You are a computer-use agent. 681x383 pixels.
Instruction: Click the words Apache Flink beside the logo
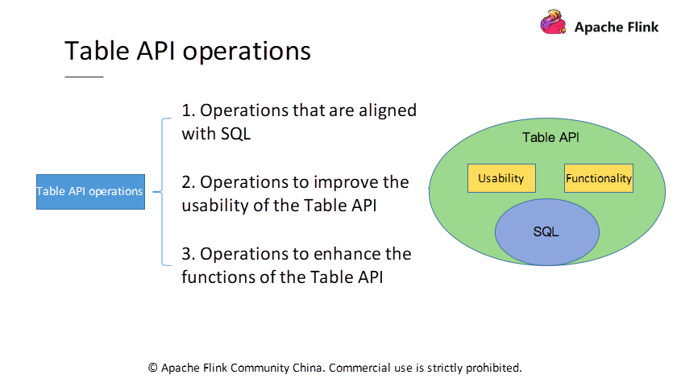[x=617, y=27]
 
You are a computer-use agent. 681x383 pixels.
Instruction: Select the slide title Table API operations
[x=187, y=50]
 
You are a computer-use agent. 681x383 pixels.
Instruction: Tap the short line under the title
[x=84, y=77]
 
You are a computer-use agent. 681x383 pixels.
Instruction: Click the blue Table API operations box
[x=90, y=192]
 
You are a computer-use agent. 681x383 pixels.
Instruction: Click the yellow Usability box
[x=501, y=178]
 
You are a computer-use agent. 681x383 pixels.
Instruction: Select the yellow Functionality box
[x=599, y=178]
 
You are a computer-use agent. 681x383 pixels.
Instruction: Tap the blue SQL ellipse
[x=546, y=232]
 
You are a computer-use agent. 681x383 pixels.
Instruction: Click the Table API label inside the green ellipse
[x=550, y=138]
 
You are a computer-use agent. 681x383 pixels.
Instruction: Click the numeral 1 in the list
[x=186, y=110]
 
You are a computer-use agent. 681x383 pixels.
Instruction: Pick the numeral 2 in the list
[x=186, y=182]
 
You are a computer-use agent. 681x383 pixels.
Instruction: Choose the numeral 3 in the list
[x=186, y=254]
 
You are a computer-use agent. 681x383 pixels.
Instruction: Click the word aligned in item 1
[x=387, y=110]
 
